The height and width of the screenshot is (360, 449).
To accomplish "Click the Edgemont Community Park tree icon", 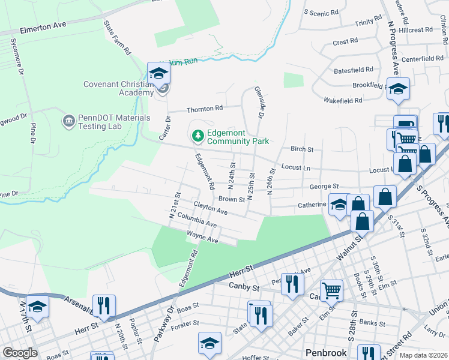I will point(197,136).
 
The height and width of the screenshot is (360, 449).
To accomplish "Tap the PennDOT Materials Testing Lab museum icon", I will point(68,122).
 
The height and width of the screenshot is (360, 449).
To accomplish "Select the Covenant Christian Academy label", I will point(118,88).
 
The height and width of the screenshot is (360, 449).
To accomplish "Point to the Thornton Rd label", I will point(205,109).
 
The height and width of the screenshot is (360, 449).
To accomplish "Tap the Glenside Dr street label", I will point(260,101).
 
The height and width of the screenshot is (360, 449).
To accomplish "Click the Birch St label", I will point(302,149).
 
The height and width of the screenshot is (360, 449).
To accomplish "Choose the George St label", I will point(324,187).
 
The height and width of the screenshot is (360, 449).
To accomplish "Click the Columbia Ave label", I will point(197,220).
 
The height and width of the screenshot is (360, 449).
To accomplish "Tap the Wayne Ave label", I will point(202,236).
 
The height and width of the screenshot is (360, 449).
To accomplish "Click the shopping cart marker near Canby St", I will point(331,291).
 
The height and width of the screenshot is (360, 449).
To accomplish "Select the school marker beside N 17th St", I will point(37,307).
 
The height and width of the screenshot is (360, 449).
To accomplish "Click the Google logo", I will point(20,353).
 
